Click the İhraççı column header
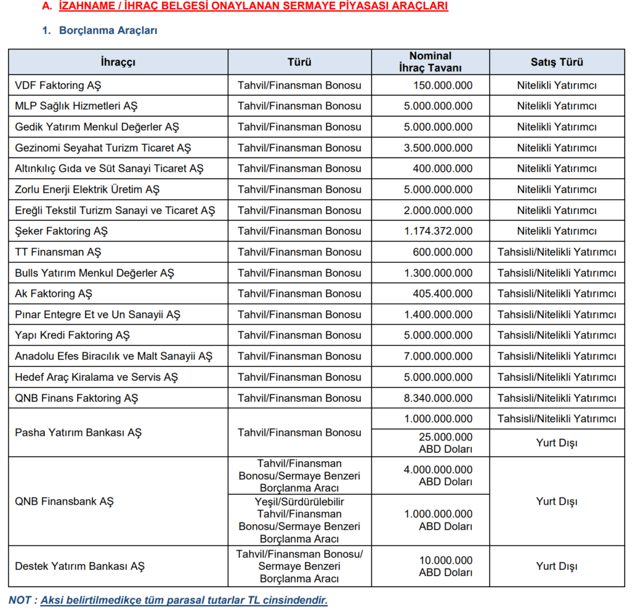(118, 62)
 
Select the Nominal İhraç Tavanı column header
(430, 62)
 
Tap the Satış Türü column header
(556, 62)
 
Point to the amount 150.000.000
(443, 85)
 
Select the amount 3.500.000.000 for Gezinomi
(438, 148)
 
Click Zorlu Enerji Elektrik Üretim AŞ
(87, 189)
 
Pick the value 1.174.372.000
(438, 231)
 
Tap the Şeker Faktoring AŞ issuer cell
(61, 231)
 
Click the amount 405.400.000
(443, 293)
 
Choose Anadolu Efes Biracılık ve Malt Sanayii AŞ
(113, 356)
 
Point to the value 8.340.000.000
(438, 398)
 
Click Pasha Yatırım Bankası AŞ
(78, 432)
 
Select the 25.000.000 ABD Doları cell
(445, 443)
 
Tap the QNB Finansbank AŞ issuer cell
(64, 501)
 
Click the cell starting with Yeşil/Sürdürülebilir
(299, 520)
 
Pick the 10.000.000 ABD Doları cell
(445, 566)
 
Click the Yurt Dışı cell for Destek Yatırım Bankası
(556, 566)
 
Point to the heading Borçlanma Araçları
(108, 30)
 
